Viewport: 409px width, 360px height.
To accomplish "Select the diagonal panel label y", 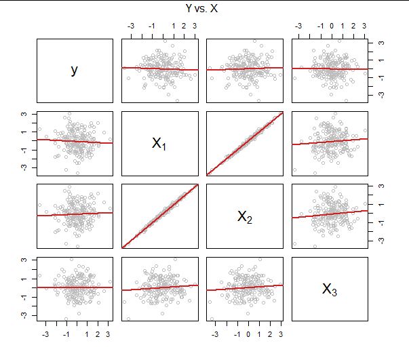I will tap(74, 70).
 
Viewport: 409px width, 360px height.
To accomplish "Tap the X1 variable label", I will tap(159, 143).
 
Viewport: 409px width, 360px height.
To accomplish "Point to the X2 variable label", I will tap(244, 216).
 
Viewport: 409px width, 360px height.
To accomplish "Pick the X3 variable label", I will tap(329, 289).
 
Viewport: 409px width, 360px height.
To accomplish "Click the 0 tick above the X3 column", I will tap(331, 26).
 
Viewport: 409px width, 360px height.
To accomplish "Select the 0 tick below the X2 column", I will tap(248, 334).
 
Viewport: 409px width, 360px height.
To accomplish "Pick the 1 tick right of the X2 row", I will tap(381, 205).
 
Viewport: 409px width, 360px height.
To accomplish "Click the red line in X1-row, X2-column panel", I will tap(244, 144).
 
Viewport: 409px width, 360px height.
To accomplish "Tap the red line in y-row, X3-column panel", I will tap(329, 68).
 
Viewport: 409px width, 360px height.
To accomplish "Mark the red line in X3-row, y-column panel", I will tap(74, 287).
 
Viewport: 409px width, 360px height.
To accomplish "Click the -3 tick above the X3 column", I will tap(299, 26).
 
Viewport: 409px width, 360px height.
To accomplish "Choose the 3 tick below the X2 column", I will tap(280, 334).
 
